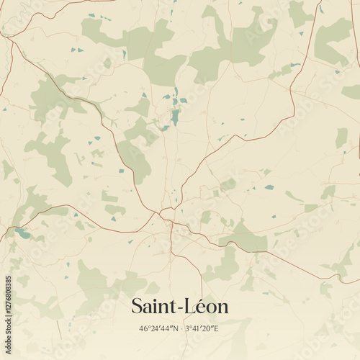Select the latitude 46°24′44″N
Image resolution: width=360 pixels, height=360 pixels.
click(158, 329)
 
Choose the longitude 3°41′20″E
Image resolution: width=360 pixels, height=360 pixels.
click(202, 329)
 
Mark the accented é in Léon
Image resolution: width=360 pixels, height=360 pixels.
click(202, 307)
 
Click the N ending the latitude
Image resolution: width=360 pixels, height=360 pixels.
click(174, 329)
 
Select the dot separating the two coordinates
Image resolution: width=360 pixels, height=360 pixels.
click(180, 329)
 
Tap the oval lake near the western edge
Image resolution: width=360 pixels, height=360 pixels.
click(22, 233)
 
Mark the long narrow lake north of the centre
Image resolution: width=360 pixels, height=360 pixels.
click(175, 115)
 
